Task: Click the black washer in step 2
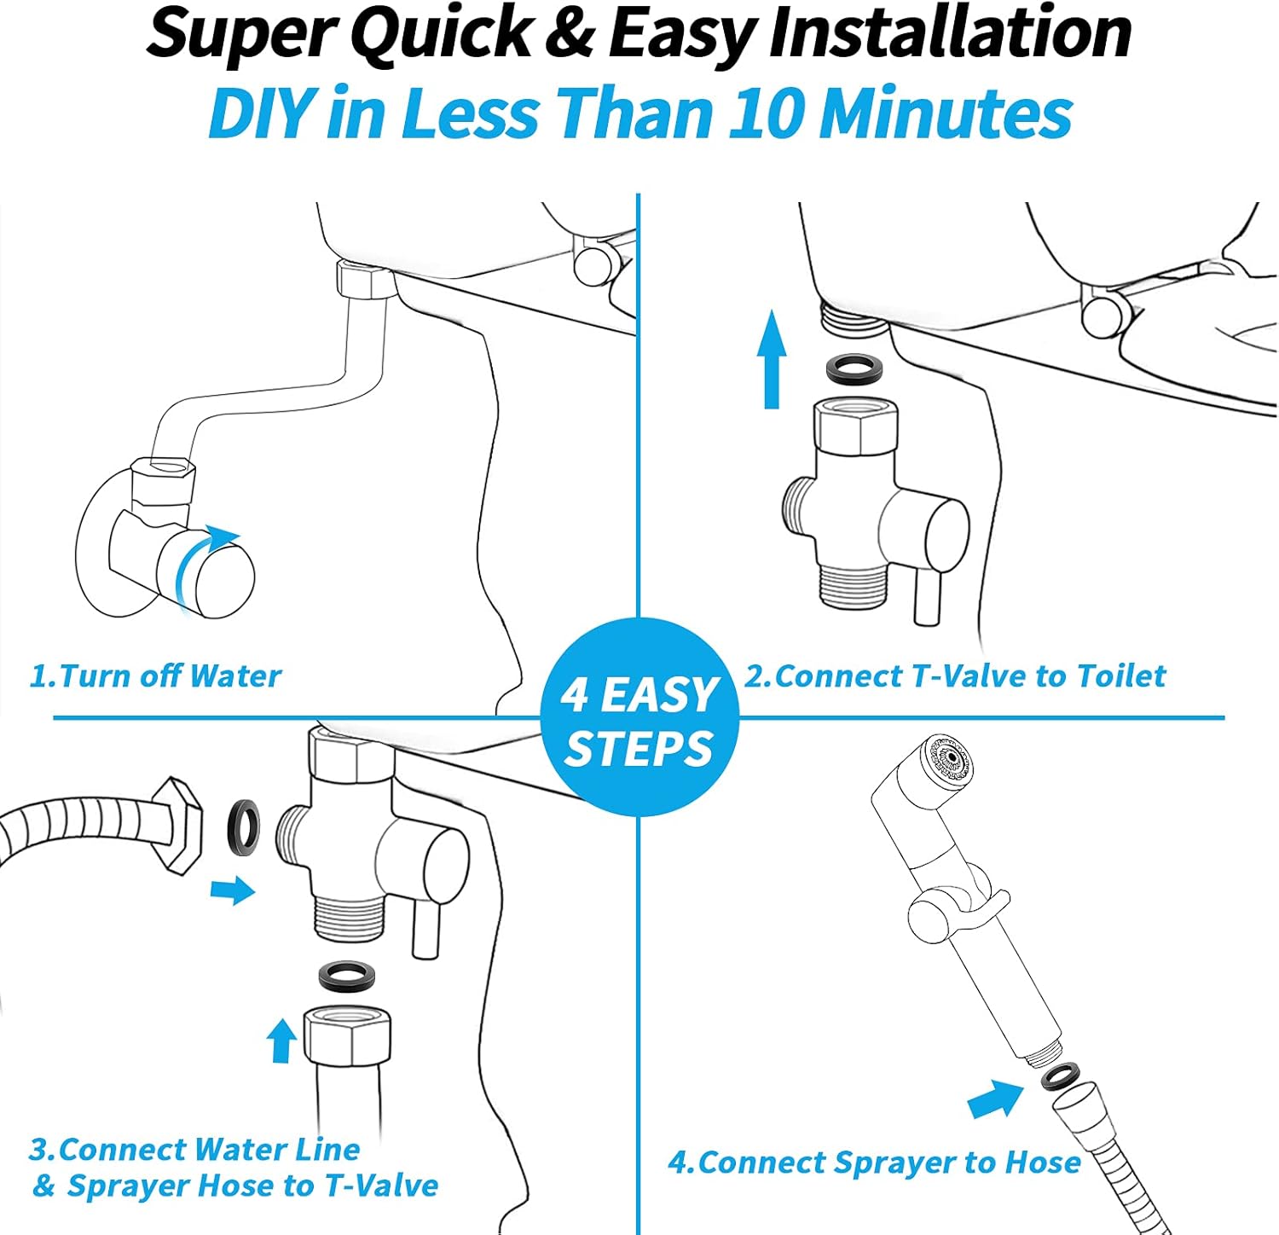tap(854, 368)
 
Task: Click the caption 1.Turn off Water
tap(155, 676)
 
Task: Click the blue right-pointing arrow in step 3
tap(232, 891)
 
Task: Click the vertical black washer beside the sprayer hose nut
tap(244, 827)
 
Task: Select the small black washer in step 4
tap(1058, 1077)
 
